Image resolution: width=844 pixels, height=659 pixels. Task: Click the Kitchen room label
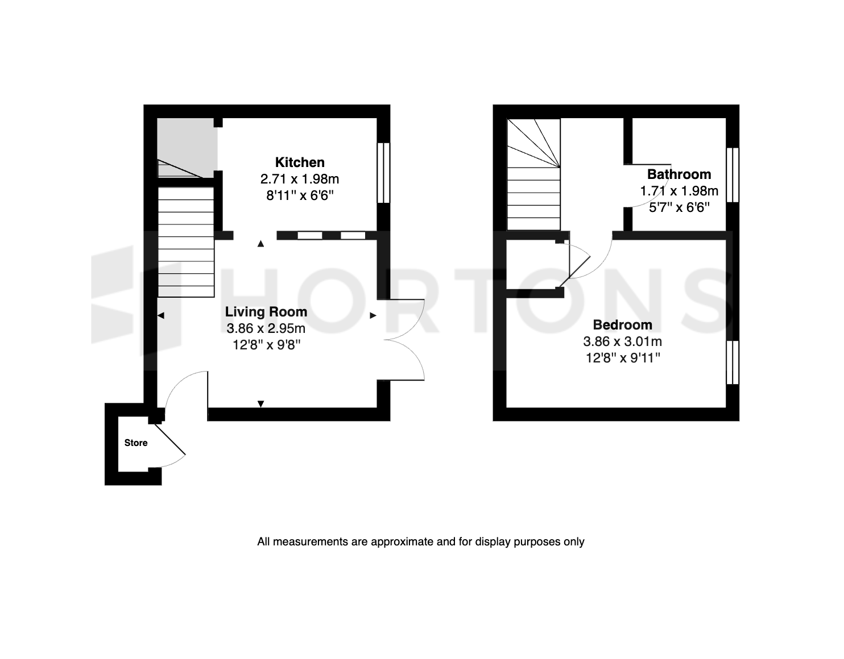click(300, 162)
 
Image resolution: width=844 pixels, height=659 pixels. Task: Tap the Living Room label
click(266, 312)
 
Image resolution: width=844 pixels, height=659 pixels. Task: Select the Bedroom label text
click(623, 324)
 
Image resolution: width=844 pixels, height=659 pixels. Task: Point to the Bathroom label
click(679, 174)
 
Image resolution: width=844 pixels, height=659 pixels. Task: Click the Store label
click(136, 443)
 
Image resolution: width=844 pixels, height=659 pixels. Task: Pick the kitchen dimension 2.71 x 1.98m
click(300, 179)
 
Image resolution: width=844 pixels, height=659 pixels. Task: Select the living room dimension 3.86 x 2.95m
click(266, 328)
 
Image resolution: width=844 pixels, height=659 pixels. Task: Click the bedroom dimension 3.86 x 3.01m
click(623, 341)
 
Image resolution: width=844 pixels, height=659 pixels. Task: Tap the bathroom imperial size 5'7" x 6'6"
click(679, 207)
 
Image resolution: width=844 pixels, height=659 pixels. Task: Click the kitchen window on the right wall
click(383, 173)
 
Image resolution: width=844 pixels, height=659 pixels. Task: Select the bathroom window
click(733, 175)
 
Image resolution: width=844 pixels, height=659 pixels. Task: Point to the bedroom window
click(733, 362)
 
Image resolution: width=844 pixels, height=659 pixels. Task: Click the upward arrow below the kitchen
click(260, 244)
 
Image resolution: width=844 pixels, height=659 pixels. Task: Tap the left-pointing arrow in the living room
click(161, 316)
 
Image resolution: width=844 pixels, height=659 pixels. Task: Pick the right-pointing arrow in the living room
click(373, 316)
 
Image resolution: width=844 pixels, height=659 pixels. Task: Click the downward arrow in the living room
click(260, 404)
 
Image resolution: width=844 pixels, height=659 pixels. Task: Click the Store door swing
click(170, 446)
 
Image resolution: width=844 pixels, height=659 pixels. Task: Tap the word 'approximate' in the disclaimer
click(402, 542)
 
